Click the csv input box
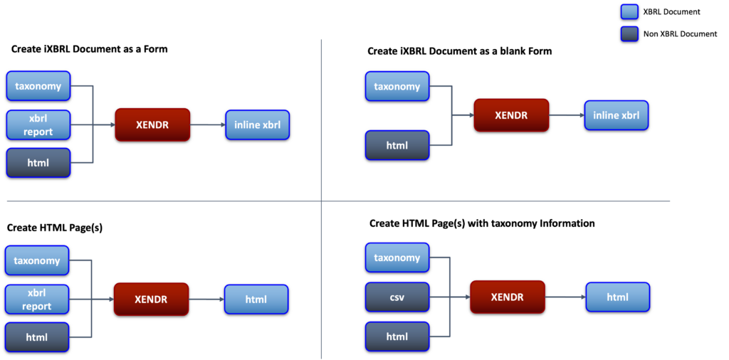(397, 297)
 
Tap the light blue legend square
(629, 11)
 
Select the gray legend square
(629, 33)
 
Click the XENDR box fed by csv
(508, 297)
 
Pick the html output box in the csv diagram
(617, 297)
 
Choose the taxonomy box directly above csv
(397, 258)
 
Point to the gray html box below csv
(397, 336)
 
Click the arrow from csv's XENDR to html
(565, 297)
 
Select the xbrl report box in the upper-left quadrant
(38, 125)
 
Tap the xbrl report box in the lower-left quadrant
(37, 300)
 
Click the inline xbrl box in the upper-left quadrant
(257, 125)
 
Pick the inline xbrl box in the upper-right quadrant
(616, 115)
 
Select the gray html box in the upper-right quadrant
(397, 145)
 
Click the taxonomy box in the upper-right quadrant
(397, 86)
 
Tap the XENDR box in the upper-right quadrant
(511, 115)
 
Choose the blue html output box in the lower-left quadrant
(256, 300)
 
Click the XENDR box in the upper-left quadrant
(152, 125)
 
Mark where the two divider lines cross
(322, 201)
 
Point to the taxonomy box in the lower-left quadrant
(37, 260)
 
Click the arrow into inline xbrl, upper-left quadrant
(207, 125)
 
